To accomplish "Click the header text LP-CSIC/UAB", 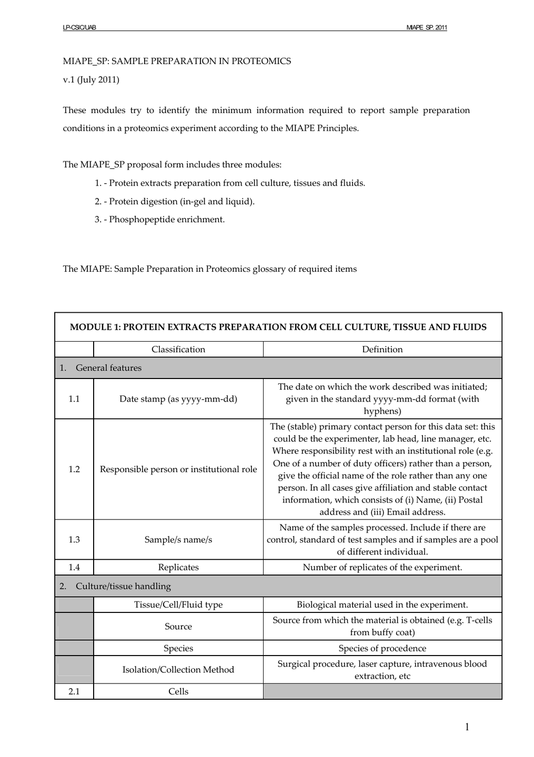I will (x=79, y=27).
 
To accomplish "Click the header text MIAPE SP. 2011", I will (x=427, y=27).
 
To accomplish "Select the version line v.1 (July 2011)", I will (x=91, y=80).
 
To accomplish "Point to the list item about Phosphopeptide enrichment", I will (x=159, y=220).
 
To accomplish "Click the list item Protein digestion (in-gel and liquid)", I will (x=175, y=201).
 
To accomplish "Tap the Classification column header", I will (x=178, y=350).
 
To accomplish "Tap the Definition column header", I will (x=382, y=350).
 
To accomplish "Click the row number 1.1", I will (x=74, y=399).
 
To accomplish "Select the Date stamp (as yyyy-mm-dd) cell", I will (x=178, y=399).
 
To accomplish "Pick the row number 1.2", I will (x=74, y=469).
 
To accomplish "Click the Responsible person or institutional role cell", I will (x=178, y=469).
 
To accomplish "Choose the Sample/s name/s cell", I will (x=178, y=540).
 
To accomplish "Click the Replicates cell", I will (x=178, y=568).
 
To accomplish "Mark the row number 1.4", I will (x=74, y=568).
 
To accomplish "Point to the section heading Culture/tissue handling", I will (x=123, y=587).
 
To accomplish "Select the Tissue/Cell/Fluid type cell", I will (x=178, y=605).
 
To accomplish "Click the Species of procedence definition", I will (x=382, y=649).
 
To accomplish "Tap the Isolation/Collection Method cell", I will (x=178, y=670).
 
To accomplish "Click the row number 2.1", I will (x=74, y=692).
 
